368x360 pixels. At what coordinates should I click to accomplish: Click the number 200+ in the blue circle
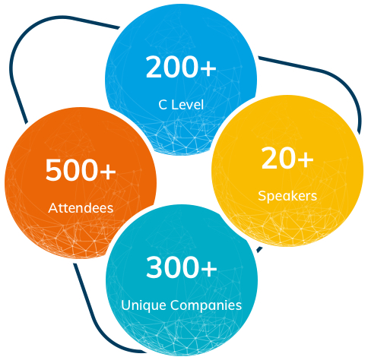181,67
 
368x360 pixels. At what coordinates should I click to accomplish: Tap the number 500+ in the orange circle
81,170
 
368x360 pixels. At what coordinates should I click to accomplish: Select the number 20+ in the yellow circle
287,159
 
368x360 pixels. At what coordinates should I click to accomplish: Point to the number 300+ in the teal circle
182,267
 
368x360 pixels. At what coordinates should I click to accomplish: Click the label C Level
181,105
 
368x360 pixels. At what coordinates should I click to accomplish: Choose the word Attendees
81,208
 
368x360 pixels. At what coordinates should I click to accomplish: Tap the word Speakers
287,196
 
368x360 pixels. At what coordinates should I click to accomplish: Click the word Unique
144,305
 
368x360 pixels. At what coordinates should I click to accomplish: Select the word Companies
206,305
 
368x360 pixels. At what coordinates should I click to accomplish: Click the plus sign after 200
208,68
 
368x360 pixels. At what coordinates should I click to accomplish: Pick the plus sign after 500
107,171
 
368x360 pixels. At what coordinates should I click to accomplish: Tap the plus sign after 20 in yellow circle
305,159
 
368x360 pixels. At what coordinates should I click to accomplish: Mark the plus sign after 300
208,268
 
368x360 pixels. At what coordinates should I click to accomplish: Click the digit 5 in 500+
53,170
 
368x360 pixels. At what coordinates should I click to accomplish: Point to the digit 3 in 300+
154,267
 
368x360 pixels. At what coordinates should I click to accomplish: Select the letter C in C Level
163,105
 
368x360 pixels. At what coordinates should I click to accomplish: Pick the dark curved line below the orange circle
94,321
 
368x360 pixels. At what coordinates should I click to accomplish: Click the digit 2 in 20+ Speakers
269,159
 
